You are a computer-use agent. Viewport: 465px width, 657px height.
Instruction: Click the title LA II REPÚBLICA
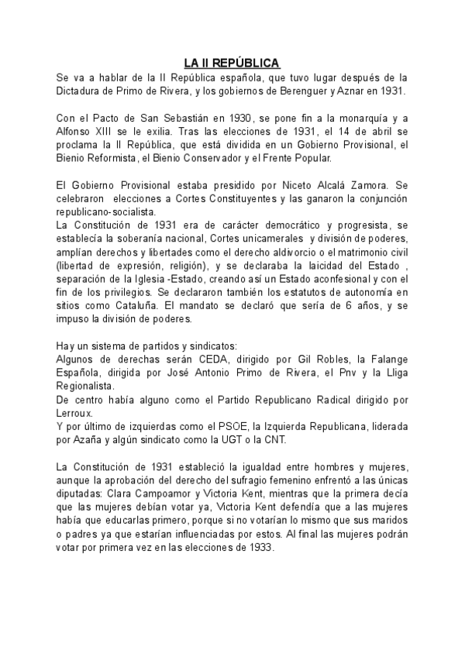(x=232, y=63)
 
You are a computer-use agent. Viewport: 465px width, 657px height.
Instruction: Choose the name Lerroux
(x=77, y=414)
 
